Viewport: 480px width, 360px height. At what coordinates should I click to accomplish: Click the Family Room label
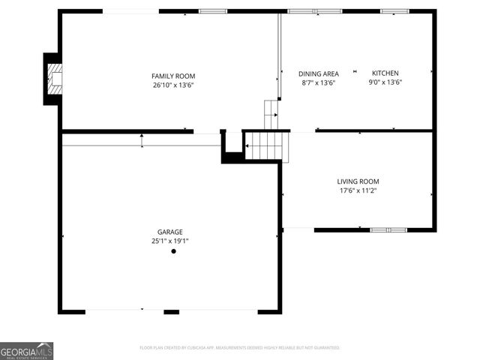173,76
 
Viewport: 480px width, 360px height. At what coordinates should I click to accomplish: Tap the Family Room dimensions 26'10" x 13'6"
173,85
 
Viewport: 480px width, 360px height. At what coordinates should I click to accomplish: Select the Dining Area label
319,73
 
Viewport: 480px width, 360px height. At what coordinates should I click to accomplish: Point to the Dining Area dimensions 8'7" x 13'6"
319,82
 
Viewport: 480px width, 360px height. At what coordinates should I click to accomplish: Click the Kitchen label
386,73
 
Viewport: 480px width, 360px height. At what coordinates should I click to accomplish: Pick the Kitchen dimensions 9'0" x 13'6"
386,82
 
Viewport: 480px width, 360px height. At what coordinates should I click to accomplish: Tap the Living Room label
358,181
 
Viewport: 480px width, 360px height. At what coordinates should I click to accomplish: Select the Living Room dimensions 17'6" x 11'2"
358,190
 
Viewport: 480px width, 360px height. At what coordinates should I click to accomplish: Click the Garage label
169,232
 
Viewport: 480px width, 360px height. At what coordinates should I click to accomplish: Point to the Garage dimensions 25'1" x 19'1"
169,241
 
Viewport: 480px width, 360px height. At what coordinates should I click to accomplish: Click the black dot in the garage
173,251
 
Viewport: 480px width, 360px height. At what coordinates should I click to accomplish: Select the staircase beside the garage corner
267,145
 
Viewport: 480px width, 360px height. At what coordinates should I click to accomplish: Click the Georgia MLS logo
27,351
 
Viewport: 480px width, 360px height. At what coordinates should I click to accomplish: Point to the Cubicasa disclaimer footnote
240,348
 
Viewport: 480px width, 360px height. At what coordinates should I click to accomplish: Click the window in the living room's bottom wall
388,229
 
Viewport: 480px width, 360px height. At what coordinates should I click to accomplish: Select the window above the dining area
315,11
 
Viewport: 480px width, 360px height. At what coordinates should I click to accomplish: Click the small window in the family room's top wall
213,11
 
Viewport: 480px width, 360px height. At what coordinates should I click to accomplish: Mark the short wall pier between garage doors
172,311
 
